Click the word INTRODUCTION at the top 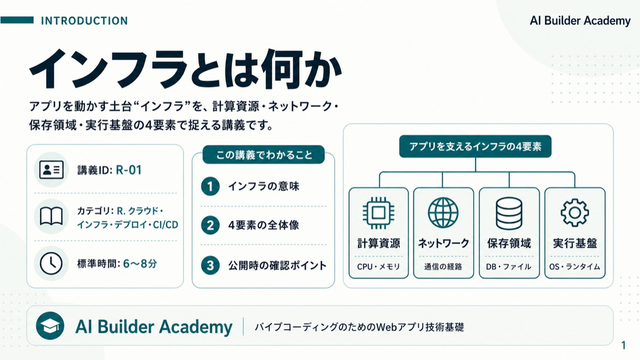pos(84,21)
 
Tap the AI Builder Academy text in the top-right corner pos(580,21)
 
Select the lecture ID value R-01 pos(129,170)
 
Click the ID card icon pos(51,170)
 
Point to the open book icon pos(51,216)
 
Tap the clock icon pos(51,263)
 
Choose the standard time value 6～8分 pos(140,263)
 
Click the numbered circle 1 pos(210,187)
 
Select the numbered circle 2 pos(210,226)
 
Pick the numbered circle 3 pos(210,266)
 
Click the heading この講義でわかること pos(263,155)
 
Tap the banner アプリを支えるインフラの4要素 pos(475,147)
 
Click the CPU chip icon pos(379,213)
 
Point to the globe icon pos(443,213)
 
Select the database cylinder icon pos(509,213)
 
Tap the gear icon pos(574,213)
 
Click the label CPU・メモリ pos(379,267)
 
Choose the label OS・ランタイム pos(574,267)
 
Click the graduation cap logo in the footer pos(50,326)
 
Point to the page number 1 pos(623,345)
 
